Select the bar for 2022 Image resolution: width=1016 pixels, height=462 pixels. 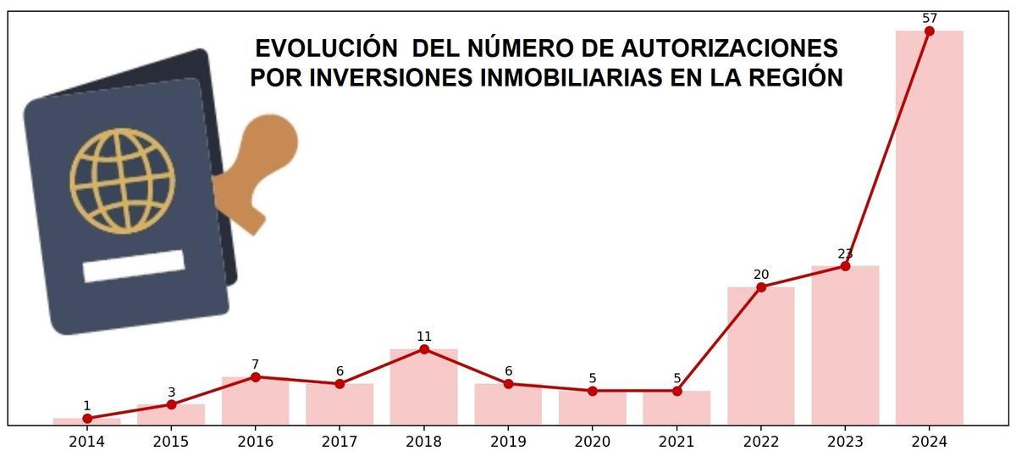pyautogui.click(x=760, y=355)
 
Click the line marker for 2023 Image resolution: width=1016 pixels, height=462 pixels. pyautogui.click(x=845, y=266)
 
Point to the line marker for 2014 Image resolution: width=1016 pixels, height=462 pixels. pyautogui.click(x=87, y=418)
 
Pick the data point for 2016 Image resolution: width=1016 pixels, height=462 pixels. pyautogui.click(x=255, y=377)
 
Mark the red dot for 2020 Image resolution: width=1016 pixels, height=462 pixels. pyautogui.click(x=592, y=391)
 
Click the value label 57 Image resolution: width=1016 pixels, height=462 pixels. pyautogui.click(x=929, y=18)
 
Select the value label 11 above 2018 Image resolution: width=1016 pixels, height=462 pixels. pyautogui.click(x=423, y=337)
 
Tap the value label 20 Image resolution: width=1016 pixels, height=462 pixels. pyautogui.click(x=760, y=275)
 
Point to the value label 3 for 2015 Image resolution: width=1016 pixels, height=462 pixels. pyautogui.click(x=171, y=392)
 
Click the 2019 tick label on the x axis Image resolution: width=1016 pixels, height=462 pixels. pyautogui.click(x=508, y=442)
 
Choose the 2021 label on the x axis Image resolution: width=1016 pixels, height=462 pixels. pyautogui.click(x=676, y=442)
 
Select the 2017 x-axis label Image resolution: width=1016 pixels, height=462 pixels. pyautogui.click(x=340, y=442)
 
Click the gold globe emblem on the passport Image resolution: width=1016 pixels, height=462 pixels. pyautogui.click(x=123, y=181)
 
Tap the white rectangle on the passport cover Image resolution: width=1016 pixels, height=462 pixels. pyautogui.click(x=134, y=266)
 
